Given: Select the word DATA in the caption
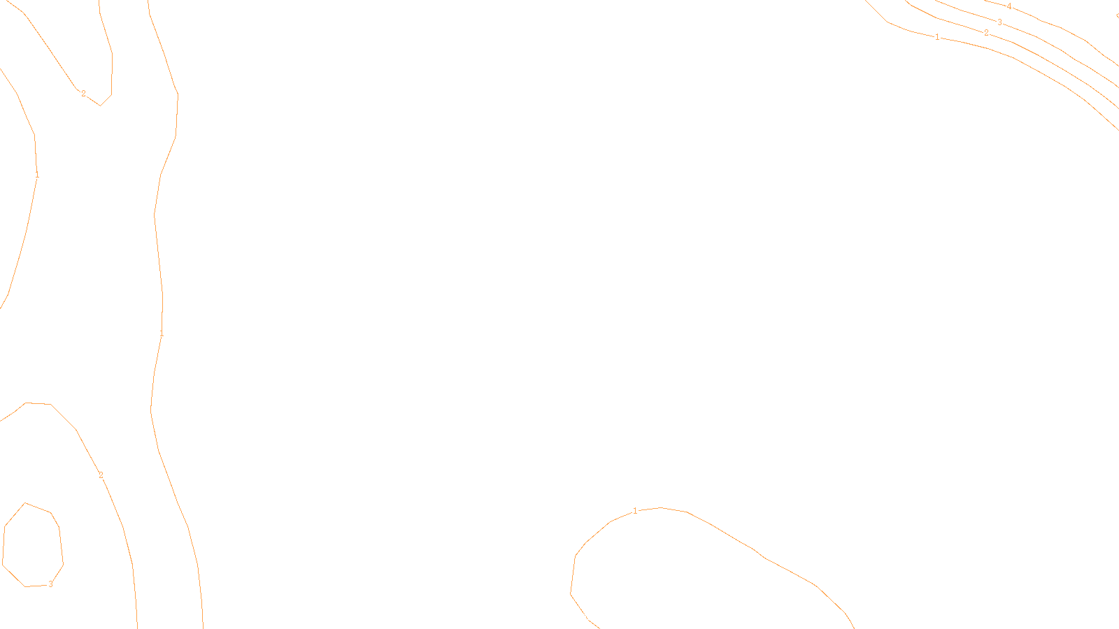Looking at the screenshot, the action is (592, 617).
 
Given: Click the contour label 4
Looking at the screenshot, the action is (1009, 6).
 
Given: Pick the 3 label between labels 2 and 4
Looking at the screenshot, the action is (999, 22).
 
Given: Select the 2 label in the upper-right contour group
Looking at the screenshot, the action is (986, 33).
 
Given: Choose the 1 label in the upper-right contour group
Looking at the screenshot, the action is (937, 37).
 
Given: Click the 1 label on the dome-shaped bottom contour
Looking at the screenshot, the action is (635, 511).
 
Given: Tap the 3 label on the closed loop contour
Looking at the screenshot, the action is (50, 584).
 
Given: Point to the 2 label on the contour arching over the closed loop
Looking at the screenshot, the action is (101, 475).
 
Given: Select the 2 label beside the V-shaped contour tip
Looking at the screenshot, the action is (83, 94).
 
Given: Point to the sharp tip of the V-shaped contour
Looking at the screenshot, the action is (101, 106).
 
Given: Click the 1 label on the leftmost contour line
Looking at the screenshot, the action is (36, 175).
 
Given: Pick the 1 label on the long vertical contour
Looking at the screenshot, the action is (162, 334).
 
